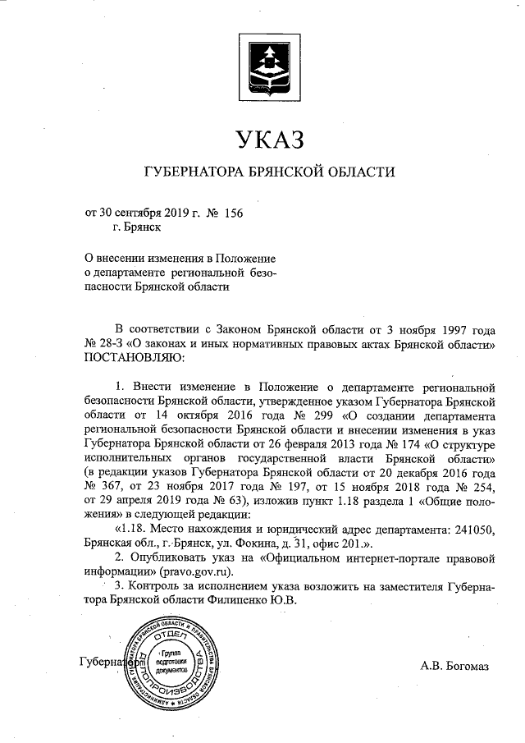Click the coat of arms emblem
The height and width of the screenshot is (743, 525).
[270, 63]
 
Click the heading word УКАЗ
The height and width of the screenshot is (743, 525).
[270, 139]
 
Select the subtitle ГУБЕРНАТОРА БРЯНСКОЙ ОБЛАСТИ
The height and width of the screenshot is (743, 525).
[270, 172]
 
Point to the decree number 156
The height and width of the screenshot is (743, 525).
[233, 213]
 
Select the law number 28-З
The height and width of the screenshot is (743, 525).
[109, 345]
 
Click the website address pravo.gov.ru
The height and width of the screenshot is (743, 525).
[203, 572]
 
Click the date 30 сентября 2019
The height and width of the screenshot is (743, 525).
[141, 213]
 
